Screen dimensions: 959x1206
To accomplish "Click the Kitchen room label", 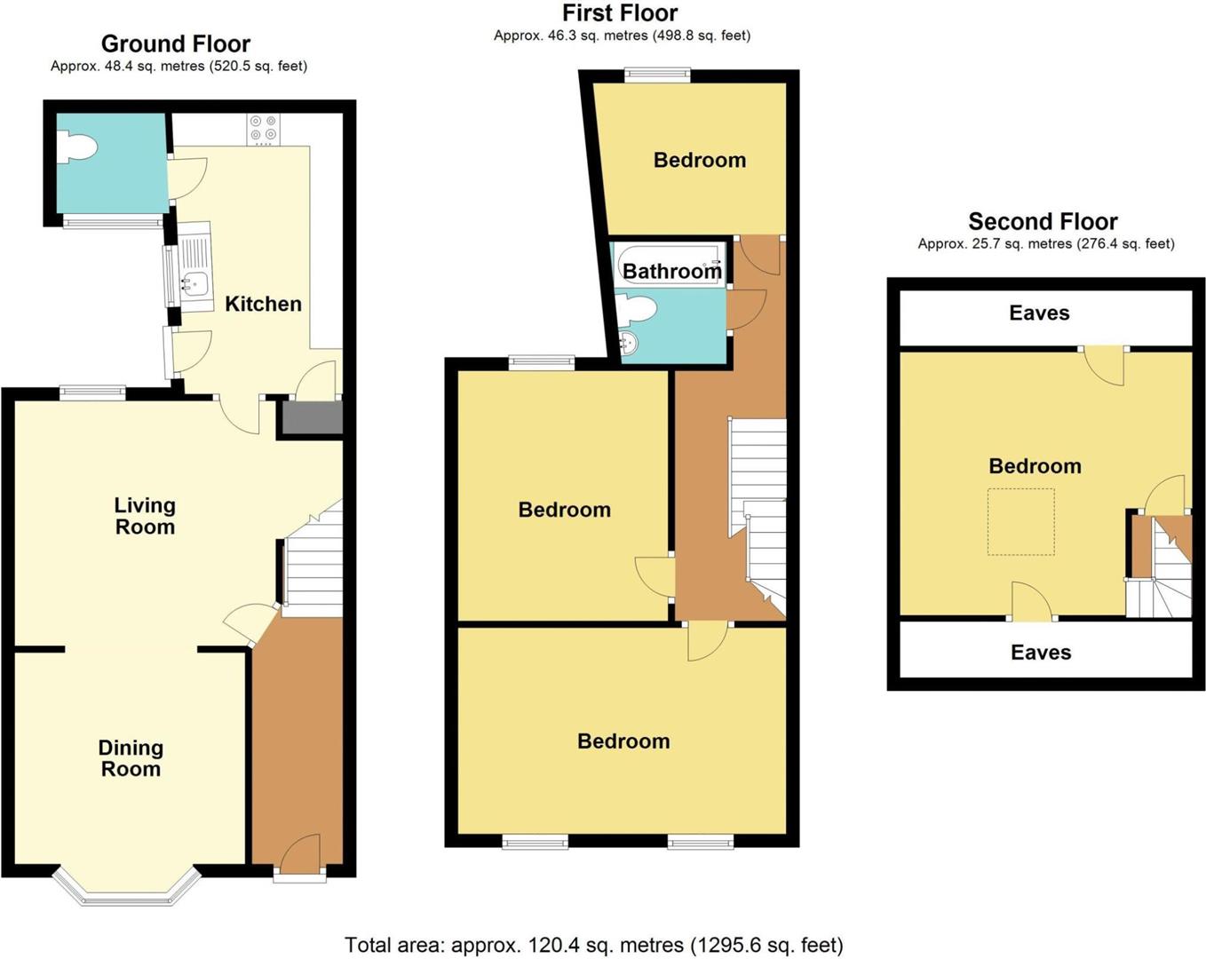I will point(263,304).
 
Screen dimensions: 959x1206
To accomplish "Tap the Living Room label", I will point(145,516).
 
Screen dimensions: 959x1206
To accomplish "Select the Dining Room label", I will point(131,758).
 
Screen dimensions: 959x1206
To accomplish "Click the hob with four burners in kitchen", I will point(263,129).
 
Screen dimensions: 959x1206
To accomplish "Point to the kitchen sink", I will point(194,282).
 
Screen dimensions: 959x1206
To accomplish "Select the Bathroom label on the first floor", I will point(671,271).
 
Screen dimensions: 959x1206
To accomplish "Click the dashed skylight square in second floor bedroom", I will point(1021,522).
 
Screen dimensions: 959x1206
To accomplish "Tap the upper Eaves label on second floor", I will point(1039,313).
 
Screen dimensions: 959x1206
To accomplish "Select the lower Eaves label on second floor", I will point(1041,653).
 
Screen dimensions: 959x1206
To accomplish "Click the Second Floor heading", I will point(1043,221).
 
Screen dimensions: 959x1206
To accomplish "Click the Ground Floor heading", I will point(176,44).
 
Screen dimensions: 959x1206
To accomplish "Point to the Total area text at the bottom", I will point(593,945).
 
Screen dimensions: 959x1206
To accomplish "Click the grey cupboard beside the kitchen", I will point(311,417).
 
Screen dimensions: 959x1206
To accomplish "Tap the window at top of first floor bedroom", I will point(657,76).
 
